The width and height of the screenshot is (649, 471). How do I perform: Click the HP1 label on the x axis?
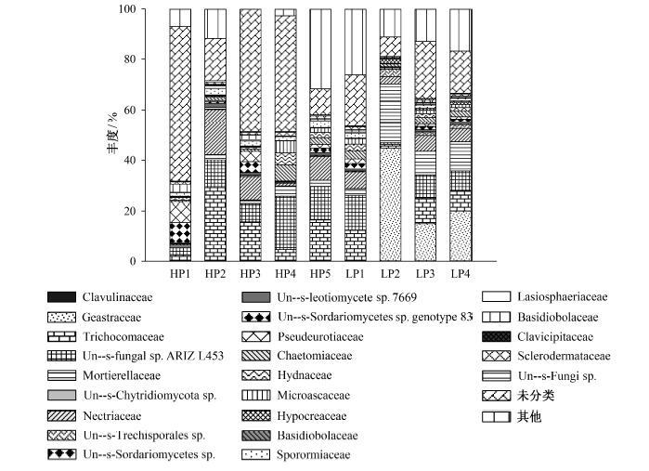click(180, 274)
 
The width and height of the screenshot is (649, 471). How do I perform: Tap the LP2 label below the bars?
click(390, 274)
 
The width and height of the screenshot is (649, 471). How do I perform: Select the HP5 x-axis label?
click(320, 274)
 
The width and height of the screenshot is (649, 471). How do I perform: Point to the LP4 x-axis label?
click(461, 274)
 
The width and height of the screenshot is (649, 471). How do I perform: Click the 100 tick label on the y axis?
click(127, 8)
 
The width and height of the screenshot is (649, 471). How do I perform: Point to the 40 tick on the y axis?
click(130, 161)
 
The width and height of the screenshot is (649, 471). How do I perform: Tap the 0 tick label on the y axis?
click(133, 261)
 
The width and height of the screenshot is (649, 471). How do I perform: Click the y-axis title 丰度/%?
click(112, 133)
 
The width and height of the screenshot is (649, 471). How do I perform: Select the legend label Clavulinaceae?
click(117, 297)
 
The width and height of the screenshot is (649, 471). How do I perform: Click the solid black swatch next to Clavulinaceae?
click(61, 297)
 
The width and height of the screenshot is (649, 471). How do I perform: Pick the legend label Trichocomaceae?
click(123, 336)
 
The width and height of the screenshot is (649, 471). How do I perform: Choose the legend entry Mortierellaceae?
click(122, 375)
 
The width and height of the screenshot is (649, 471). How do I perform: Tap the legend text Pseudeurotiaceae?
click(320, 336)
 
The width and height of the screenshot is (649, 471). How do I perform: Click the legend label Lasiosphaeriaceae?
click(563, 296)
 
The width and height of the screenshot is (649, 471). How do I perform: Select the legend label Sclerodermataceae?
click(564, 356)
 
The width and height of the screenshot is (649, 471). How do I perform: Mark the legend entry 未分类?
click(536, 396)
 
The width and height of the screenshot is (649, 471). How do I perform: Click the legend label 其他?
click(529, 416)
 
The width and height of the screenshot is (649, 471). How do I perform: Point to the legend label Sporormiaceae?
click(313, 455)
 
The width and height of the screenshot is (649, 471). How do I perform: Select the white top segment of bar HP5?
click(320, 49)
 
